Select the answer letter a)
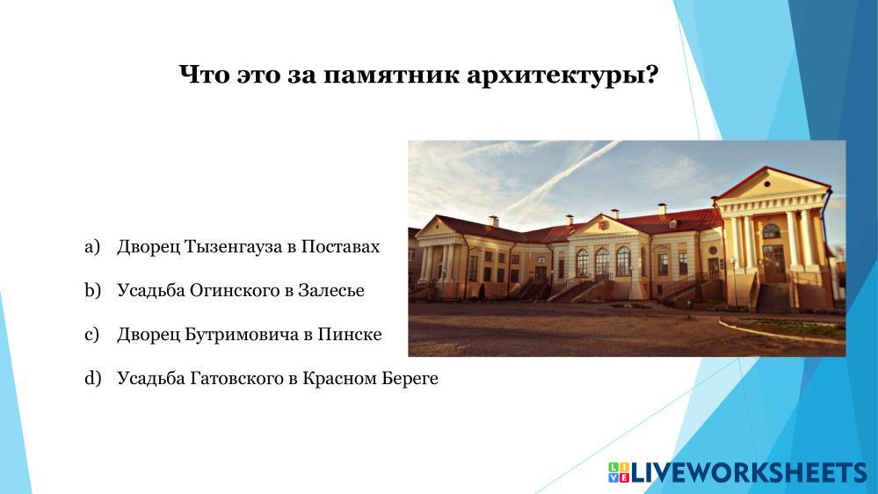(x=92, y=246)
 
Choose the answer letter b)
(x=92, y=290)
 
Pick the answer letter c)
(x=91, y=334)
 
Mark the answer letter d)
(x=93, y=378)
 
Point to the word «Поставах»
(x=340, y=246)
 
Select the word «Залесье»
(x=331, y=290)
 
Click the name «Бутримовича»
(x=242, y=334)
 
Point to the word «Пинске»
(x=350, y=334)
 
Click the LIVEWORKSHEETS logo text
(x=749, y=473)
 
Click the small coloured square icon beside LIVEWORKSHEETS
(x=619, y=473)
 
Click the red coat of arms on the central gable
(x=604, y=225)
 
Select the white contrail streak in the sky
(x=559, y=180)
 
